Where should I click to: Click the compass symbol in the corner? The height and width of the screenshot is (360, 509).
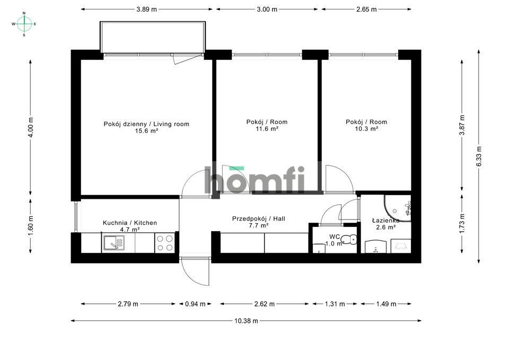point(24,24)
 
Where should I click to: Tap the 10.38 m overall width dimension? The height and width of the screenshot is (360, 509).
point(246,321)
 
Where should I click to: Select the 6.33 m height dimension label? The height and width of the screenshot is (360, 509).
point(479,156)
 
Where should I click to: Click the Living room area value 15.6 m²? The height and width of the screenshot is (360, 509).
point(146,131)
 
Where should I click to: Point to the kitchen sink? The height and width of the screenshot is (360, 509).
point(113,243)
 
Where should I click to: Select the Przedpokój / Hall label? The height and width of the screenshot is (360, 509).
point(258,219)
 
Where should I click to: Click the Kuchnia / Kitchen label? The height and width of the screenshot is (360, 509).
point(130,223)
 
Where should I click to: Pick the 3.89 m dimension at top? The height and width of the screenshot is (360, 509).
point(146,10)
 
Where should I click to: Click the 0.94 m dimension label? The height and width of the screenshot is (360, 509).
point(195,304)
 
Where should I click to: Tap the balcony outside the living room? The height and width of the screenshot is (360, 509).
point(153,37)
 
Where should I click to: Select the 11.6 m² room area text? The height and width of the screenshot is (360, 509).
point(267,129)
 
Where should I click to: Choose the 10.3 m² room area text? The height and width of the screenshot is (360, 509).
point(366,129)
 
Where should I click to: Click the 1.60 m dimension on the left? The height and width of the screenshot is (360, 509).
point(31,226)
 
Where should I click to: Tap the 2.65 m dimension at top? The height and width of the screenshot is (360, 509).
point(366,10)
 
